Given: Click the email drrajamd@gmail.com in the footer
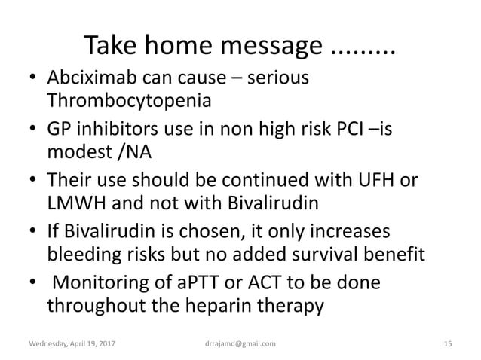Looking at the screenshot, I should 236,344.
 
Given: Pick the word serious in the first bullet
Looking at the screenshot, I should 280,78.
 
